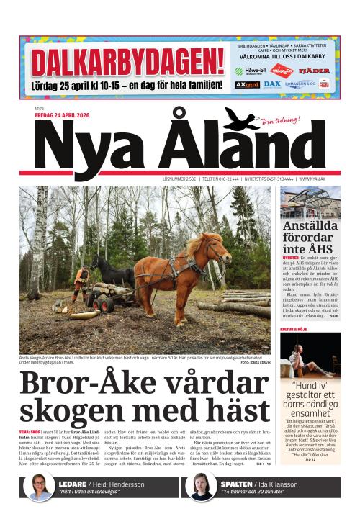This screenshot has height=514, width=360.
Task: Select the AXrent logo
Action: [x=247, y=84]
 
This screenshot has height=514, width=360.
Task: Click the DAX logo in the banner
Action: [x=272, y=84]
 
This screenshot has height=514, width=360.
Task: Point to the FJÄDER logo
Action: [x=314, y=71]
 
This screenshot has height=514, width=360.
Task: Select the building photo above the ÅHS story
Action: [x=310, y=203]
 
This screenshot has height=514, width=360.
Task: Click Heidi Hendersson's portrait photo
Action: [x=39, y=487]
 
